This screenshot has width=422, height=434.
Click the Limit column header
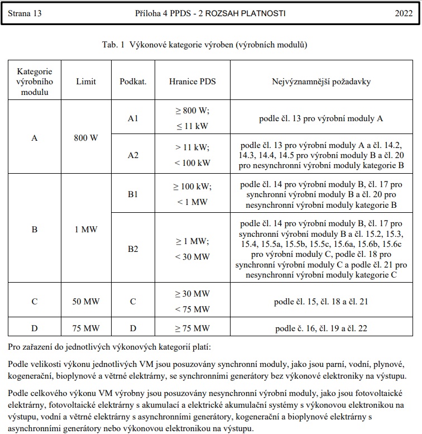(87, 81)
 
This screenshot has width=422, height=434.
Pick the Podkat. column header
(133, 81)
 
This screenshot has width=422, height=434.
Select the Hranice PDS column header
(192, 81)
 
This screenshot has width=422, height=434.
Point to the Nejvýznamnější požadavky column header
(321, 81)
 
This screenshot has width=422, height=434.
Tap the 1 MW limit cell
(87, 228)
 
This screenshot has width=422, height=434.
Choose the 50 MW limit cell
(87, 302)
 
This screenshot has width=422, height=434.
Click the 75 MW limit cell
(87, 328)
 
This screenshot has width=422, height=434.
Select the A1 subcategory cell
(133, 119)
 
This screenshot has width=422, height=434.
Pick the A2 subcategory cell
(133, 155)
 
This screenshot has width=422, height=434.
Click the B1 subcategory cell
(133, 193)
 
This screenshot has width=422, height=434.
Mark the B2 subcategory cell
(133, 249)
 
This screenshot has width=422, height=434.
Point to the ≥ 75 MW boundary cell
(192, 328)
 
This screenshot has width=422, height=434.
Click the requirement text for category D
(321, 328)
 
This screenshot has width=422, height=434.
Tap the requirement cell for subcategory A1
(321, 119)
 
